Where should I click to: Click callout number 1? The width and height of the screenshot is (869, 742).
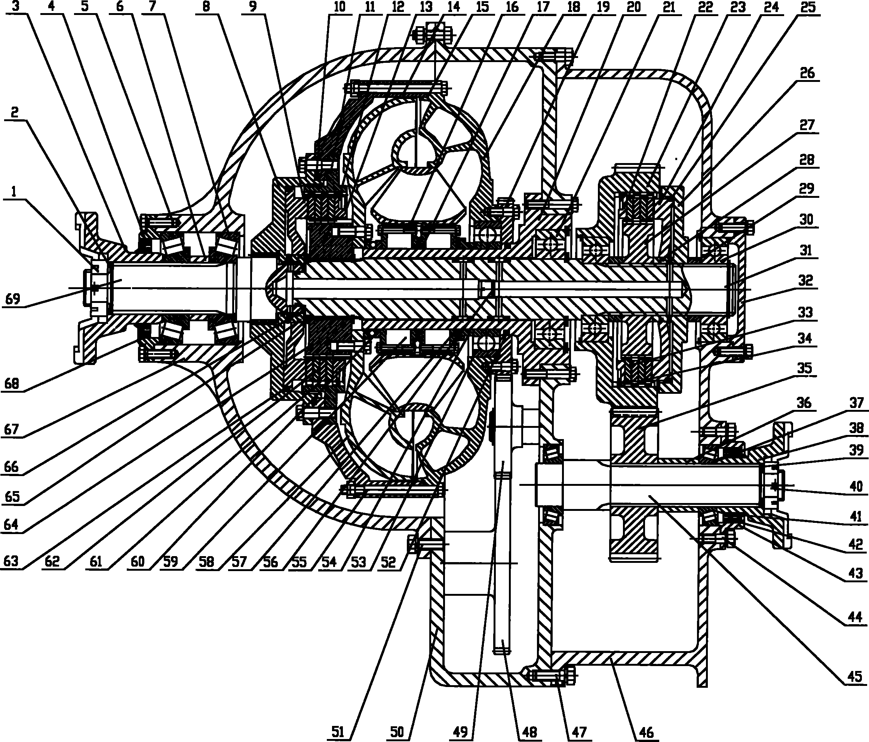coord(14,192)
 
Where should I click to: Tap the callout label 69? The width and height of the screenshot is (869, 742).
coord(13,299)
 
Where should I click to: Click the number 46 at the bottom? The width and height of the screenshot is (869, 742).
coord(646,732)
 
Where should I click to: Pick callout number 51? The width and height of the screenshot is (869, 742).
coord(338,732)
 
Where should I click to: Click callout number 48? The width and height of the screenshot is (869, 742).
coord(529,732)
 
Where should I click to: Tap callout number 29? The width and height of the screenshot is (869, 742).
coord(806,189)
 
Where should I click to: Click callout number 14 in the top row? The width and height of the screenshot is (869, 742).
coord(453,7)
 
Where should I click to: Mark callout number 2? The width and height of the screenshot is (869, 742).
coord(15,113)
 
